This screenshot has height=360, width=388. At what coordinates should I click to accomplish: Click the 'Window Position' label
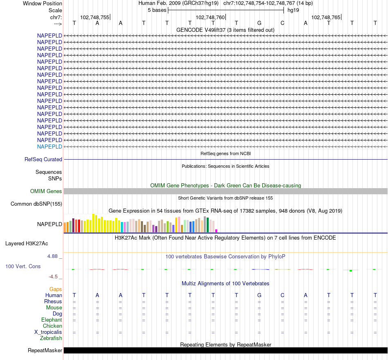(x=42, y=3)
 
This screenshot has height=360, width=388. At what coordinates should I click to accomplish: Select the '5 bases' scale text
(x=157, y=10)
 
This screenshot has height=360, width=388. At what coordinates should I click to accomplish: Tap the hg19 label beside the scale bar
(x=293, y=10)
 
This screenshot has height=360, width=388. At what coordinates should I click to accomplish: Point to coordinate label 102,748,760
(x=210, y=17)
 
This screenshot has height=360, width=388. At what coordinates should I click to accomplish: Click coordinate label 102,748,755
(x=95, y=17)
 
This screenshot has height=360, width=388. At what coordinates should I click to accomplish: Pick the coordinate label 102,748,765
(x=326, y=17)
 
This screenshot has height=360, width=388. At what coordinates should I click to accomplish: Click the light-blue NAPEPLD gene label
(x=49, y=147)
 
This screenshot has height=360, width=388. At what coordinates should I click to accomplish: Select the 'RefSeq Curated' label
(x=43, y=160)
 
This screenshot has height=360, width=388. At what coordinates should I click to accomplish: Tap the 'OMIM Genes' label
(x=46, y=191)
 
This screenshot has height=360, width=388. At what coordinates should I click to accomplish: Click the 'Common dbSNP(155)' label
(x=36, y=204)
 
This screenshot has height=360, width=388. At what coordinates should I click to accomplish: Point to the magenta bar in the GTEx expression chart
(x=216, y=231)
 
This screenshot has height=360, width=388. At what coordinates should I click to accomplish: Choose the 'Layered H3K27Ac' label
(x=27, y=244)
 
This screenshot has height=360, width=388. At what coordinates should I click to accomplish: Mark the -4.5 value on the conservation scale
(x=54, y=276)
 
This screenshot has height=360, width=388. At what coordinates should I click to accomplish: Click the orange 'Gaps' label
(x=56, y=289)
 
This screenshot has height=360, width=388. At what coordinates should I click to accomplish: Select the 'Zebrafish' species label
(x=51, y=338)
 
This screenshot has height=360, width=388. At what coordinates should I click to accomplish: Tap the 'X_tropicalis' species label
(x=48, y=332)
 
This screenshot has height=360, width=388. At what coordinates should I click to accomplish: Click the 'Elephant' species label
(x=51, y=320)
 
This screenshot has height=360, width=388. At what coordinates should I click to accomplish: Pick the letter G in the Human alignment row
(x=259, y=295)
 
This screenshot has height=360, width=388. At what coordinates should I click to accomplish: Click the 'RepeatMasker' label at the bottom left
(x=45, y=350)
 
